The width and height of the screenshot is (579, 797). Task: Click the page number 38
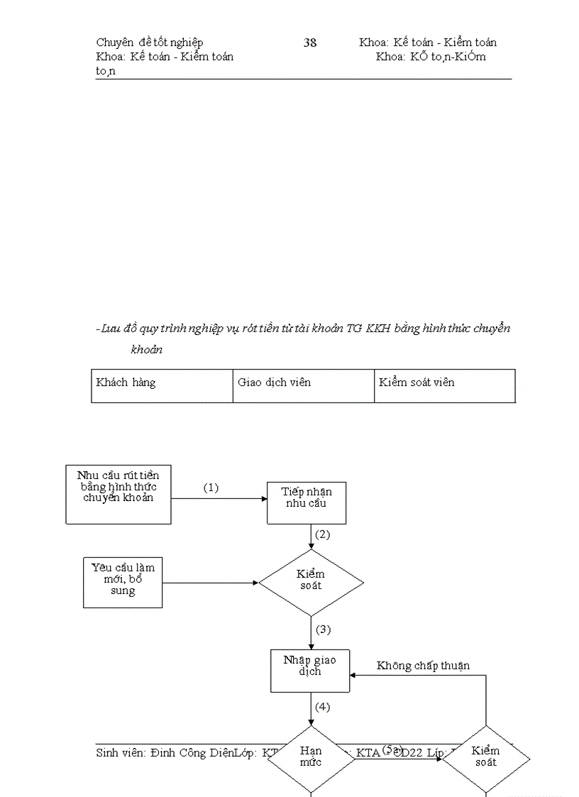310,43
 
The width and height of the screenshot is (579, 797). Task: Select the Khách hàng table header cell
162,385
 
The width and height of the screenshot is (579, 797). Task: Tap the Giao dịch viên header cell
303,385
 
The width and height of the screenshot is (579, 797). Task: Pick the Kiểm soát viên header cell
444,385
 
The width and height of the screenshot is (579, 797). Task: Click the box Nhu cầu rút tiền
118,494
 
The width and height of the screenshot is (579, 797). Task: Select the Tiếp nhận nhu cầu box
307,503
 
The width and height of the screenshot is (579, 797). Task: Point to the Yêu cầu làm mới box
123,583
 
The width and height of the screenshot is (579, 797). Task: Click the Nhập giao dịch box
310,671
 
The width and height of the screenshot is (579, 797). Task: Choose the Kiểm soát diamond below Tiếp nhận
311,583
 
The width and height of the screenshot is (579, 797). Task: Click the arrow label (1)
211,488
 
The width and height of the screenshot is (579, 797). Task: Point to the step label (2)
323,534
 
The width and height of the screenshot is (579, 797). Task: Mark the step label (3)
323,630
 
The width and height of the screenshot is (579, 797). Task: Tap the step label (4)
323,707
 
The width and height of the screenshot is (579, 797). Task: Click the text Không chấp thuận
423,666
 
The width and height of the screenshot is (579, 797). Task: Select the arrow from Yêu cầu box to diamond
210,583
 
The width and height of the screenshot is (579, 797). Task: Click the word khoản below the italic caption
147,349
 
